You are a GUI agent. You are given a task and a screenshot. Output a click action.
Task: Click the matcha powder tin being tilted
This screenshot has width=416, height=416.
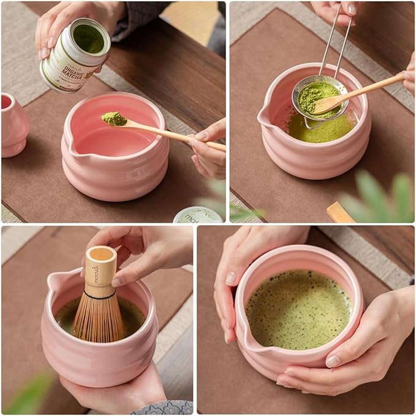(x=75, y=55)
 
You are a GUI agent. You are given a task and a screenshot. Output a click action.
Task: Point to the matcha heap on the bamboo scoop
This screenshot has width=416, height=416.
(x=114, y=118)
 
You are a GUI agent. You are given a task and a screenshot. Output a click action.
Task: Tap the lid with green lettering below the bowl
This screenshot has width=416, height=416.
(x=197, y=215)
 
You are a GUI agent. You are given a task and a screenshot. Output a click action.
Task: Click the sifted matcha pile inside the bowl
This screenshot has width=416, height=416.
(x=319, y=129)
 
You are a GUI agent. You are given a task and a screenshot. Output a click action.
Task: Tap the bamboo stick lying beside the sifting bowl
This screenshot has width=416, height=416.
(x=339, y=212)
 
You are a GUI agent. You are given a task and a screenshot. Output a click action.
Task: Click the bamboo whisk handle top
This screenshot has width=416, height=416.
(x=100, y=255)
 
